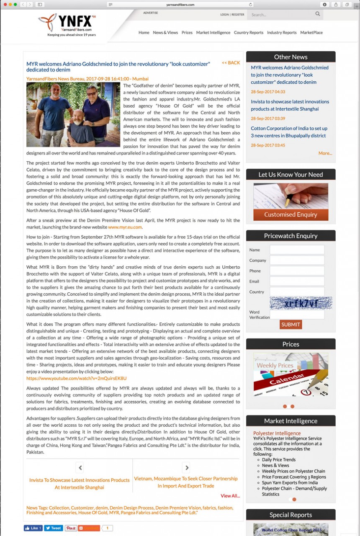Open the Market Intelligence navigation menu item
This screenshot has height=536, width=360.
(213, 33)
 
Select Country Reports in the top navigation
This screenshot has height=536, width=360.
(249, 33)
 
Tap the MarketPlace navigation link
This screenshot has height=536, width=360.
(311, 33)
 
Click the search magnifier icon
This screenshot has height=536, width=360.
(318, 14)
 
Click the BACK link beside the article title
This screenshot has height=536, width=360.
(231, 63)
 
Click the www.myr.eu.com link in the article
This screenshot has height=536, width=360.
(125, 227)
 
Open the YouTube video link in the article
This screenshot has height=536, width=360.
(76, 378)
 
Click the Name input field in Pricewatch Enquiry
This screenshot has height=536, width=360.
(297, 250)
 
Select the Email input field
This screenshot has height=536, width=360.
(297, 281)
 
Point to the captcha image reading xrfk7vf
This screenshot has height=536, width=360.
(301, 303)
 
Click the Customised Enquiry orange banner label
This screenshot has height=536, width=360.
(291, 215)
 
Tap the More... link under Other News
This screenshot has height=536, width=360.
(325, 153)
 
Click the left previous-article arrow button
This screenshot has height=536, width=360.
(80, 468)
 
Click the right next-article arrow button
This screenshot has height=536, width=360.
(187, 468)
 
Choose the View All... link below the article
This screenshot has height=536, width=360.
(230, 496)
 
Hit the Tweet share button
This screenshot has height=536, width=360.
(54, 528)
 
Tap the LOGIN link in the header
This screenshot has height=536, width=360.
(224, 15)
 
